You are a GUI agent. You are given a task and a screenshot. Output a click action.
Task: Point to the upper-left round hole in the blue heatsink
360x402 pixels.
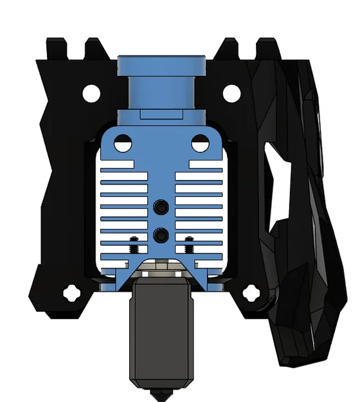122,143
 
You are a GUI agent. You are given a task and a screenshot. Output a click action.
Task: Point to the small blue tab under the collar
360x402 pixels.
160,114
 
